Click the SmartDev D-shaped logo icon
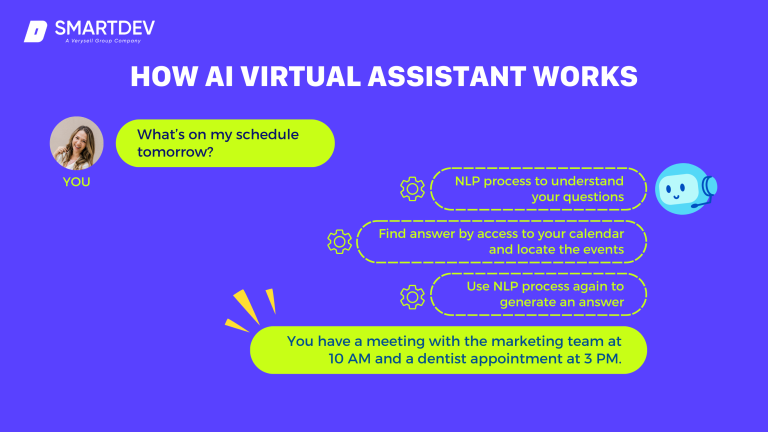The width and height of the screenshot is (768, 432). (x=35, y=31)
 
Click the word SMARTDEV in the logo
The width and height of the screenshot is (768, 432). (x=104, y=28)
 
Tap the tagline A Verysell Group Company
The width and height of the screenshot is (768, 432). (x=103, y=41)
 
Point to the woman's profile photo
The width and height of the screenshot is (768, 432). (x=76, y=143)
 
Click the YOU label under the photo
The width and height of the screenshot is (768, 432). (x=76, y=182)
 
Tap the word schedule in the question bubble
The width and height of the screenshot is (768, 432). (x=267, y=134)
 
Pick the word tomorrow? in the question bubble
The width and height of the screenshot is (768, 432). (x=175, y=152)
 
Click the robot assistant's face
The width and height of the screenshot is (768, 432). (x=678, y=189)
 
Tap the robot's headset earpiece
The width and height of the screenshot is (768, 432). (x=710, y=187)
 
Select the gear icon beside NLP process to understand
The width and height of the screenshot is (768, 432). (x=412, y=189)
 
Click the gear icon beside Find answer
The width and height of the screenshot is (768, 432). (x=339, y=241)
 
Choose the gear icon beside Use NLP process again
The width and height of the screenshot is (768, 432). (x=412, y=297)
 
